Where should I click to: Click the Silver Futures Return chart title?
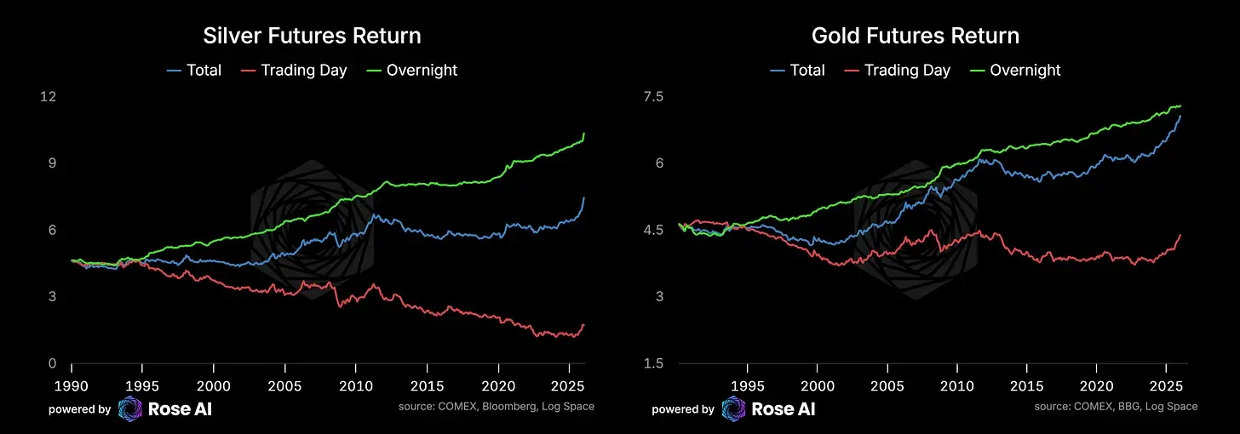click(x=312, y=36)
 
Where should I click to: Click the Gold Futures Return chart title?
click(x=916, y=36)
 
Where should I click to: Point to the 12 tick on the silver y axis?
click(x=48, y=97)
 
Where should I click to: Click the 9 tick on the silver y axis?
click(x=51, y=163)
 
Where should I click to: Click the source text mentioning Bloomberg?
click(x=496, y=407)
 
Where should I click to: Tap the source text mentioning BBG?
click(x=1116, y=407)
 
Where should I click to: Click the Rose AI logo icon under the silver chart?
click(x=130, y=409)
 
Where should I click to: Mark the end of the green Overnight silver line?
click(x=584, y=134)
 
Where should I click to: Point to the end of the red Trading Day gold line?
click(x=1180, y=235)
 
